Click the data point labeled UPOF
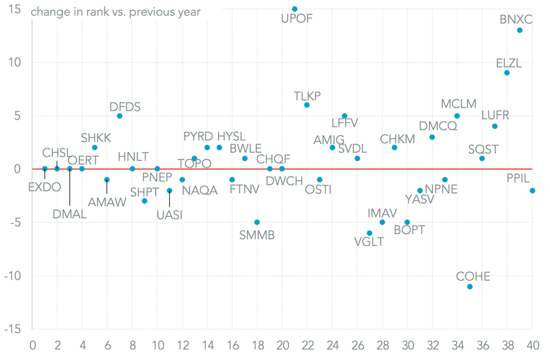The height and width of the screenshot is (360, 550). click(x=294, y=9)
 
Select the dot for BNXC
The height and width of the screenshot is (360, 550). click(x=520, y=30)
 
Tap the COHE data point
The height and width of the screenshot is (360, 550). click(x=470, y=286)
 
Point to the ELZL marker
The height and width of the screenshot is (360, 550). click(x=507, y=73)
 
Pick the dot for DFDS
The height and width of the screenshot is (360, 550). click(x=120, y=116)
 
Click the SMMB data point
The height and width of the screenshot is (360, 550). click(x=257, y=222)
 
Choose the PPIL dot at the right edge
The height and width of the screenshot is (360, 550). click(x=532, y=190)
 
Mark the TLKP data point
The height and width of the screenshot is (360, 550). click(x=307, y=105)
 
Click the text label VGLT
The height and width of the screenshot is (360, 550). click(x=369, y=241)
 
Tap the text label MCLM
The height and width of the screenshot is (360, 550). click(x=459, y=104)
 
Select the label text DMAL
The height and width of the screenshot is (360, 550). click(x=69, y=214)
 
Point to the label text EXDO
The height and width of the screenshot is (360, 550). click(x=44, y=187)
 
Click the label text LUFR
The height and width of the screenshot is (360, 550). click(x=495, y=115)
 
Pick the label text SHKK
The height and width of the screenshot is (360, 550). click(x=96, y=137)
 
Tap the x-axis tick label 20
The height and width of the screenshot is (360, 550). click(x=282, y=345)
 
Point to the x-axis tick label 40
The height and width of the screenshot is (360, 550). click(x=532, y=345)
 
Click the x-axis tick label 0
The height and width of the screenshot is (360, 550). click(x=33, y=345)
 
